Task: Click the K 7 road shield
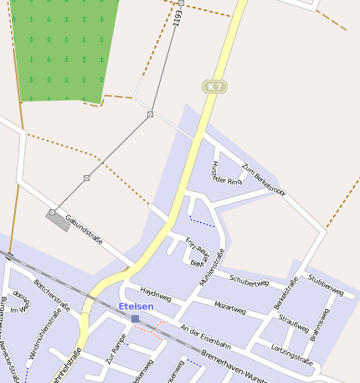tap(215, 86)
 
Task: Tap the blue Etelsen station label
tap(136, 307)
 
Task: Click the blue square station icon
tap(135, 318)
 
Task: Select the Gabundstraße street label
tap(84, 228)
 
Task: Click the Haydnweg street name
tap(156, 294)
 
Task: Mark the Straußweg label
tap(293, 322)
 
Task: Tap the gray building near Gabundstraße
tap(59, 220)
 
